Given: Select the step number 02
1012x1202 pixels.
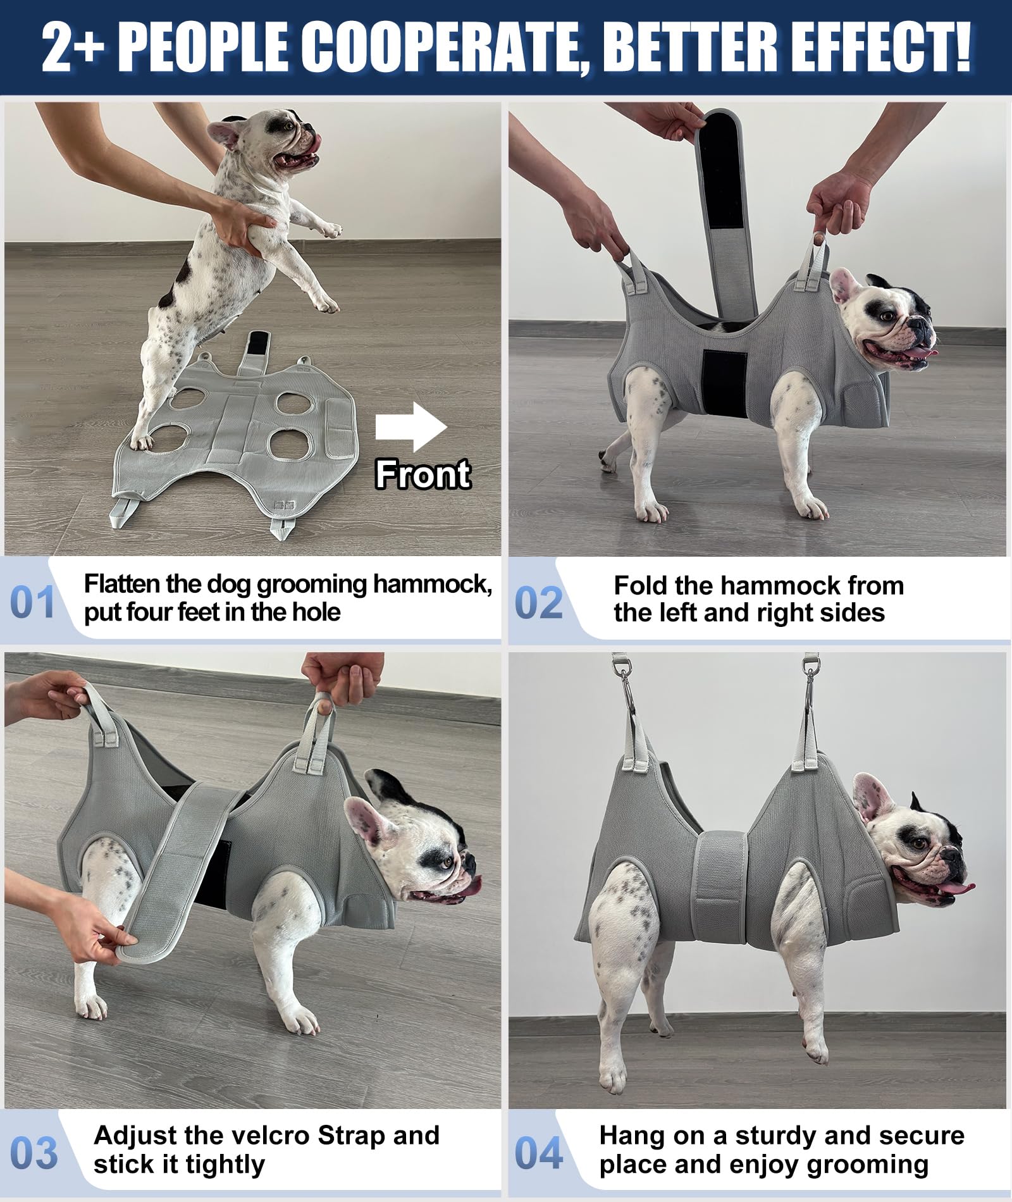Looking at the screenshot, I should [x=538, y=602].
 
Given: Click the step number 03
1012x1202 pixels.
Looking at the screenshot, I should [x=34, y=1153].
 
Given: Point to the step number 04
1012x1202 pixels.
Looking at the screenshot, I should [x=538, y=1153].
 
